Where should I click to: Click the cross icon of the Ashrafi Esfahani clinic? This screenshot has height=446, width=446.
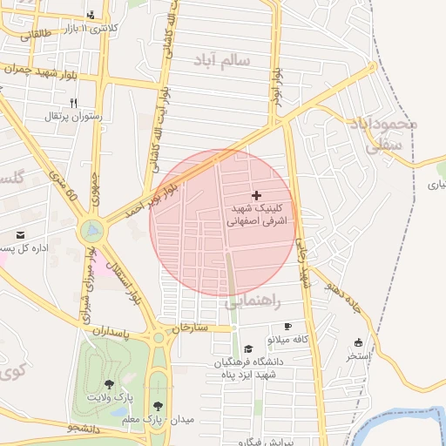255,194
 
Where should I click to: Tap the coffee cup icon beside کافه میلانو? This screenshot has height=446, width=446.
287,326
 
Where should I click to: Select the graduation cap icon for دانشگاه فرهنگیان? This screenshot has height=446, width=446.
248,348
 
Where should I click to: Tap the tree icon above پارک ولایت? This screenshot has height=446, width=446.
109,383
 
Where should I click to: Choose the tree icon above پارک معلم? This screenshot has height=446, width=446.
158,405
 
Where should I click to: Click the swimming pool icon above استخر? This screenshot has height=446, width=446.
357,342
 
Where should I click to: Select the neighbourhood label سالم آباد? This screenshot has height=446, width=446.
221,60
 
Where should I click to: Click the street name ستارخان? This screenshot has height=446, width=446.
191,328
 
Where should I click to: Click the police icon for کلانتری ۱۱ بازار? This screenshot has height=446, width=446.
91,15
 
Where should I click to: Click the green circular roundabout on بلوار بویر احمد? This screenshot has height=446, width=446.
91,232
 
